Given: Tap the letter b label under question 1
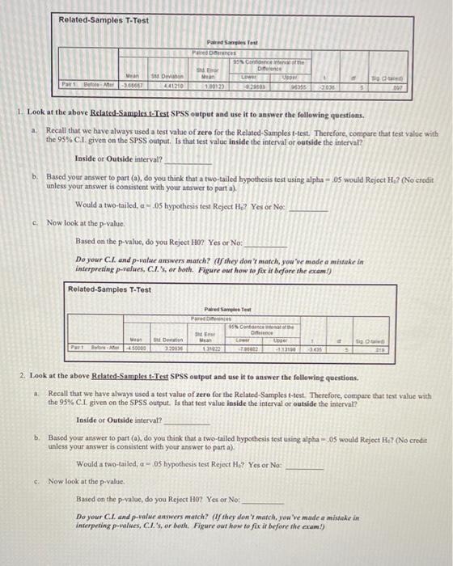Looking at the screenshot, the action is point(35,175).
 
